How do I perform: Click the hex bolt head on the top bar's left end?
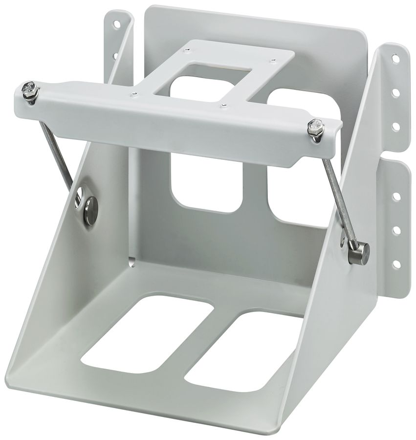29,89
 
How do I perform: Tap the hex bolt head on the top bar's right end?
316,127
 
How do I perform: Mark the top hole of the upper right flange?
395,59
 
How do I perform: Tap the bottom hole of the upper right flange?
395,126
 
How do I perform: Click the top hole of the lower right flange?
396,196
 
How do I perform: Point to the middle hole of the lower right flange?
396,229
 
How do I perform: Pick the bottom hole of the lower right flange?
396,264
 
